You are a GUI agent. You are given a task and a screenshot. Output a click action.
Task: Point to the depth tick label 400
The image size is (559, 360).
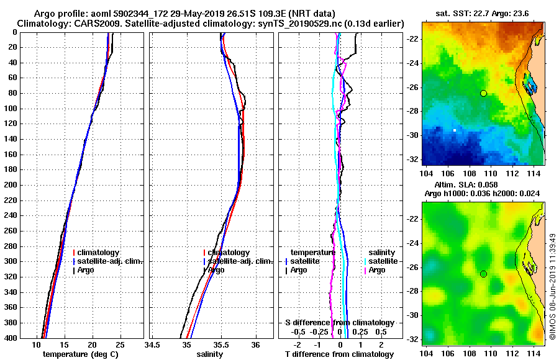point(11,338)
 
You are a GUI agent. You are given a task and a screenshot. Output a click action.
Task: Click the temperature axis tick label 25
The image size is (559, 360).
point(120,345)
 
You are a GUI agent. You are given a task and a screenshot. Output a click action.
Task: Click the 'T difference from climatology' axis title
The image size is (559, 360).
point(340,354)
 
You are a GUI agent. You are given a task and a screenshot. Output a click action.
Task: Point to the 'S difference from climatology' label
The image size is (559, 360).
point(340,323)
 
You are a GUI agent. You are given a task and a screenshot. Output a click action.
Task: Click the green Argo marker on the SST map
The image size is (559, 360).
point(483,93)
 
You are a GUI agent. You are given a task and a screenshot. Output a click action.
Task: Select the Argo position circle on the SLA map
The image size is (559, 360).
point(483,274)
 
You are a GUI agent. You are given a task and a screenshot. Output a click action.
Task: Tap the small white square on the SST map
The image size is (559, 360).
point(455,130)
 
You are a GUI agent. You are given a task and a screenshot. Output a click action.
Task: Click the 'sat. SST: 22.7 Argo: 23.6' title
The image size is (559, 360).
point(483,12)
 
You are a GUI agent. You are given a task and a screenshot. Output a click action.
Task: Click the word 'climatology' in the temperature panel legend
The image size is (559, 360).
point(99,253)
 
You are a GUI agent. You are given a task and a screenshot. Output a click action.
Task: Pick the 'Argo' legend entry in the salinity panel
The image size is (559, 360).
point(217,270)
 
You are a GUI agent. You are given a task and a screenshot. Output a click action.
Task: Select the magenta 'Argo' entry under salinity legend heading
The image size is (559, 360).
point(377,270)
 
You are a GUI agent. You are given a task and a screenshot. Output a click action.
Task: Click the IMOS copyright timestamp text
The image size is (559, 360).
point(552,286)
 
